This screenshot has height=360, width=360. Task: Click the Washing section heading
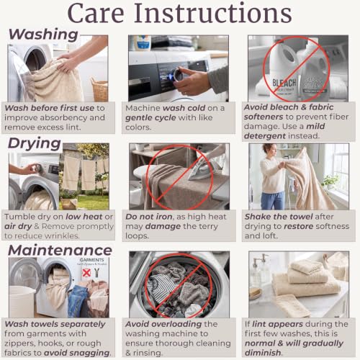tap(43, 35)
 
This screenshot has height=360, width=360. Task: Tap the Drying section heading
tap(35, 143)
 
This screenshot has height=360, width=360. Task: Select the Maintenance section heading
tap(60, 250)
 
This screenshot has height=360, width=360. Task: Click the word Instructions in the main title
tap(212, 13)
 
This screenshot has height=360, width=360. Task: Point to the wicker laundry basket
tap(99, 89)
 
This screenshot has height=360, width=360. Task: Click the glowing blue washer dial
tap(176, 75)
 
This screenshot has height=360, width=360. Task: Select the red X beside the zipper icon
tap(86, 273)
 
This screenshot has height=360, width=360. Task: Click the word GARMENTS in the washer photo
tap(91, 260)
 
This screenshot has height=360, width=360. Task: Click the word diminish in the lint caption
tap(263, 353)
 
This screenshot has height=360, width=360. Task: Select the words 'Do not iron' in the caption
tap(149, 217)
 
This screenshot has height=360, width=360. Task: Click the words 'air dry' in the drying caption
tap(18, 226)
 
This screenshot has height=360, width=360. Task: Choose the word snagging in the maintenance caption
tap(77, 353)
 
